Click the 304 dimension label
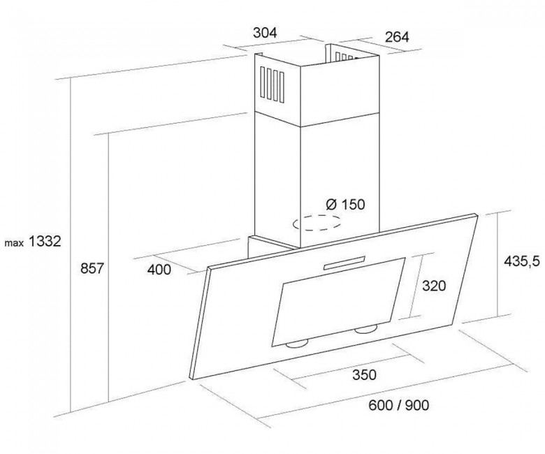pos(265,33)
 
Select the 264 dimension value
pos(397,37)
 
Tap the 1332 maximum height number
pos(44,241)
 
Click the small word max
pos(14,243)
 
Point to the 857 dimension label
pos(92,268)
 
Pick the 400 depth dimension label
pos(159,270)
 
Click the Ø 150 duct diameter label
pos(345,204)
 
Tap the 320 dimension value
pos(434,286)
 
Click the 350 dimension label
pos(364,375)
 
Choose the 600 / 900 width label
pos(399,404)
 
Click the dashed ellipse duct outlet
pos(317,223)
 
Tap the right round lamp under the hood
pos(367,328)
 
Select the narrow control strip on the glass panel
pos(344,263)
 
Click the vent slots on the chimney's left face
pos(272,85)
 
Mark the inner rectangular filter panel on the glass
pos(338,302)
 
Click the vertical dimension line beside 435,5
pos(497,265)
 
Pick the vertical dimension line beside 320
pos(417,286)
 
